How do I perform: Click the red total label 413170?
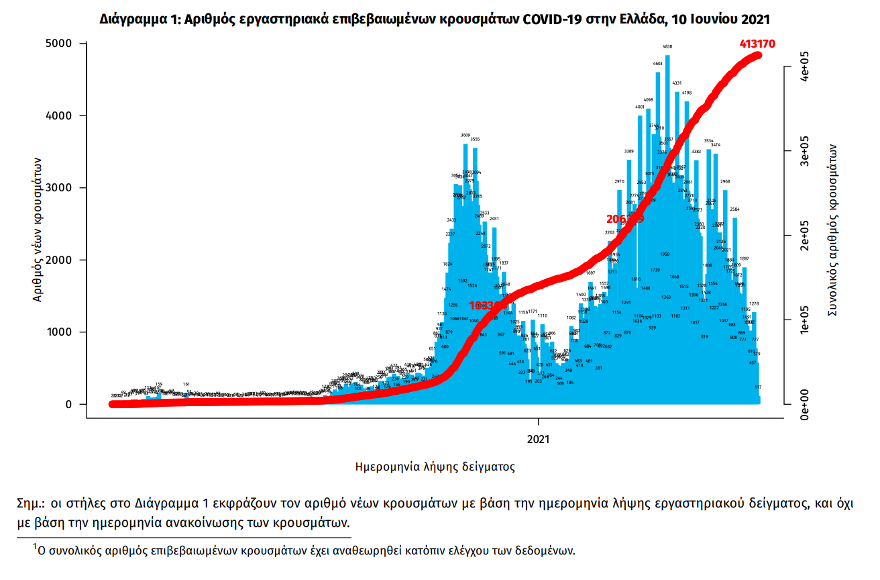point(757,44)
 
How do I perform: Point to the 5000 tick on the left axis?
point(63,44)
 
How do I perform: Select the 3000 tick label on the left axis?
point(63,188)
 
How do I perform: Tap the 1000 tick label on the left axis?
point(63,332)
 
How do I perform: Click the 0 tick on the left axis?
point(69,404)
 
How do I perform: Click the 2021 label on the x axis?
point(538,440)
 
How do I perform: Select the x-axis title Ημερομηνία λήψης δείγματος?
point(435,466)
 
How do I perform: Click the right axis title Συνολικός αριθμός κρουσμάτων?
point(832,230)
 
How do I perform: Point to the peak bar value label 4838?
point(667,47)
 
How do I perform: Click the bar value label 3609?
point(465,135)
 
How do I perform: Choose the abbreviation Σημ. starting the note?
point(31,503)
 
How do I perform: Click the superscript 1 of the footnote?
point(35,548)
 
